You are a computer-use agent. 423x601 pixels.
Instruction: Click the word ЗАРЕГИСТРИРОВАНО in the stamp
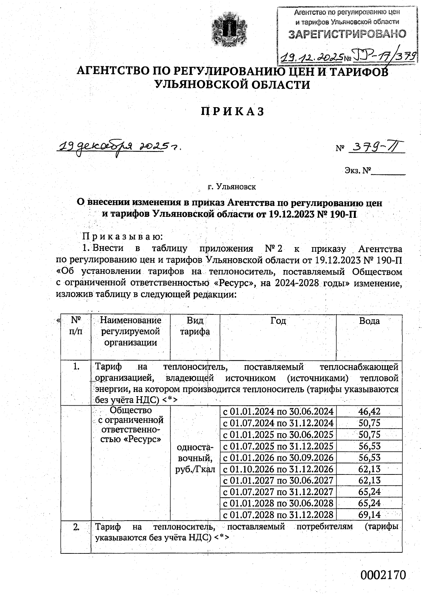(347, 34)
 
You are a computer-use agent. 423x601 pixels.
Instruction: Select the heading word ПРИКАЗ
(232, 111)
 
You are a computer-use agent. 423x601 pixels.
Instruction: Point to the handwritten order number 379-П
(376, 148)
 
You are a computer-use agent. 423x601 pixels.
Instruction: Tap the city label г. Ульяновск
(232, 186)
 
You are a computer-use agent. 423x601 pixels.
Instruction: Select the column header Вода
(369, 321)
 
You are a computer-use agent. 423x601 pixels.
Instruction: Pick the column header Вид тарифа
(195, 326)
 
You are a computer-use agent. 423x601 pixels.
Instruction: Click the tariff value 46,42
(369, 411)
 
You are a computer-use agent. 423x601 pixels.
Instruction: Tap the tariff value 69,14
(369, 515)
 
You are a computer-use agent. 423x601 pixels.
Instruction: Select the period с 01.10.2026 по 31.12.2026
(278, 469)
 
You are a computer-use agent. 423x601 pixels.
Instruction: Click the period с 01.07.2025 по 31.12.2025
(278, 446)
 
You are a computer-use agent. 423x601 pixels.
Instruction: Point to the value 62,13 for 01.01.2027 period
(369, 480)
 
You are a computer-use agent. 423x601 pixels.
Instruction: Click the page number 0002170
(383, 575)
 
